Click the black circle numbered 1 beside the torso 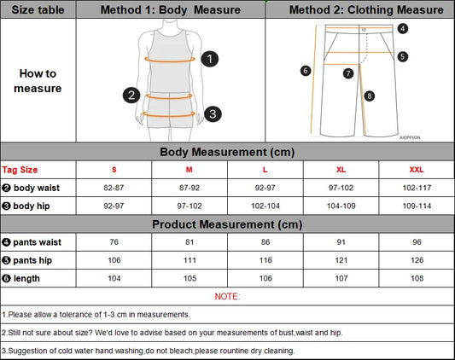(211, 59)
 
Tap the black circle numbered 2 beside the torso (131, 95)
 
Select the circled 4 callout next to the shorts (403, 28)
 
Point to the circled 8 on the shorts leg (369, 96)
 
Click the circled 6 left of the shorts (305, 71)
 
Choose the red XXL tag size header (417, 169)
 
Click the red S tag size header (114, 169)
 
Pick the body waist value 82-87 (114, 187)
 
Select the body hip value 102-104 (265, 206)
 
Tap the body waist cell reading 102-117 (417, 187)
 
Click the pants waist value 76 (114, 242)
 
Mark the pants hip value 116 (265, 260)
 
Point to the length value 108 (417, 278)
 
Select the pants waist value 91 (341, 242)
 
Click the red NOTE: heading (227, 296)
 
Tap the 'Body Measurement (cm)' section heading (227, 151)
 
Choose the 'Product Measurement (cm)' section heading (227, 224)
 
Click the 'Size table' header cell (38, 10)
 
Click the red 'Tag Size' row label (20, 169)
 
